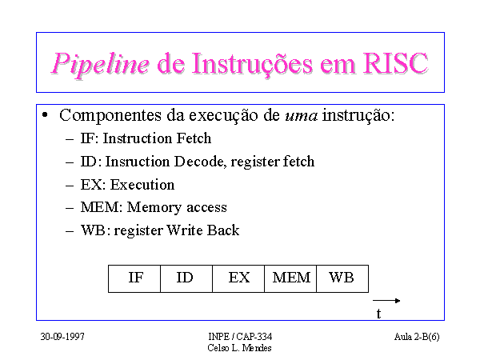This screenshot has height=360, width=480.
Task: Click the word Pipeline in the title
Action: pos(101,64)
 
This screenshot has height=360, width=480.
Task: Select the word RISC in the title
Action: pos(395,63)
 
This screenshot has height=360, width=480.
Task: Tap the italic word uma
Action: pos(302,116)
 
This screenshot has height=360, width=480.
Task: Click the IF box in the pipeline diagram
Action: pos(134,278)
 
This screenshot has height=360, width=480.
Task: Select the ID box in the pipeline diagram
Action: pos(186,278)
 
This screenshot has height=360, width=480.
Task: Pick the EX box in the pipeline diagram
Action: pos(238,278)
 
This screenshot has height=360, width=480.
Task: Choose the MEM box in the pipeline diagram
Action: pos(290,278)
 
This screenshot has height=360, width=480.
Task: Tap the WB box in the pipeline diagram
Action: pos(342,278)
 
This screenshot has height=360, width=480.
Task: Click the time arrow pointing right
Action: pos(386,301)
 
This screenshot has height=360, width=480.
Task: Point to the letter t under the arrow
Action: pos(378,314)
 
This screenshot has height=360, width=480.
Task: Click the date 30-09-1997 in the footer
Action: pos(62,337)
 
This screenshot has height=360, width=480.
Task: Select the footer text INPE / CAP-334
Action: pos(240,337)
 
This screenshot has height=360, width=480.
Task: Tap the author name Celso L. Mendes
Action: pos(239,348)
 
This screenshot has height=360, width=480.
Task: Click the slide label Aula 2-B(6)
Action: pos(417,337)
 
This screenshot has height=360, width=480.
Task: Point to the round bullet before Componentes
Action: pos(45,115)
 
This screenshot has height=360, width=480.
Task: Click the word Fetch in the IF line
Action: pos(194,138)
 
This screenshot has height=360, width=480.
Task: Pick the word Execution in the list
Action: pos(142,185)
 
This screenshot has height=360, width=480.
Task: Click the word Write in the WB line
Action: pos(185,230)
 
